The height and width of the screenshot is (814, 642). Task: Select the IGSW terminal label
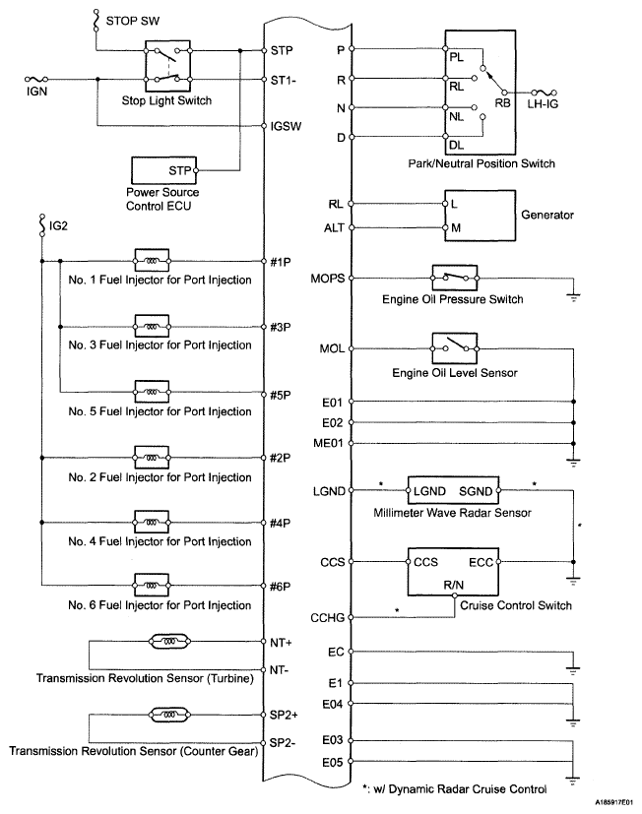284,126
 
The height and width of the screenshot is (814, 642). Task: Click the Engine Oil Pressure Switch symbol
454,278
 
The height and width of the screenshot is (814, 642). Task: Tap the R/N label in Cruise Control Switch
454,583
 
